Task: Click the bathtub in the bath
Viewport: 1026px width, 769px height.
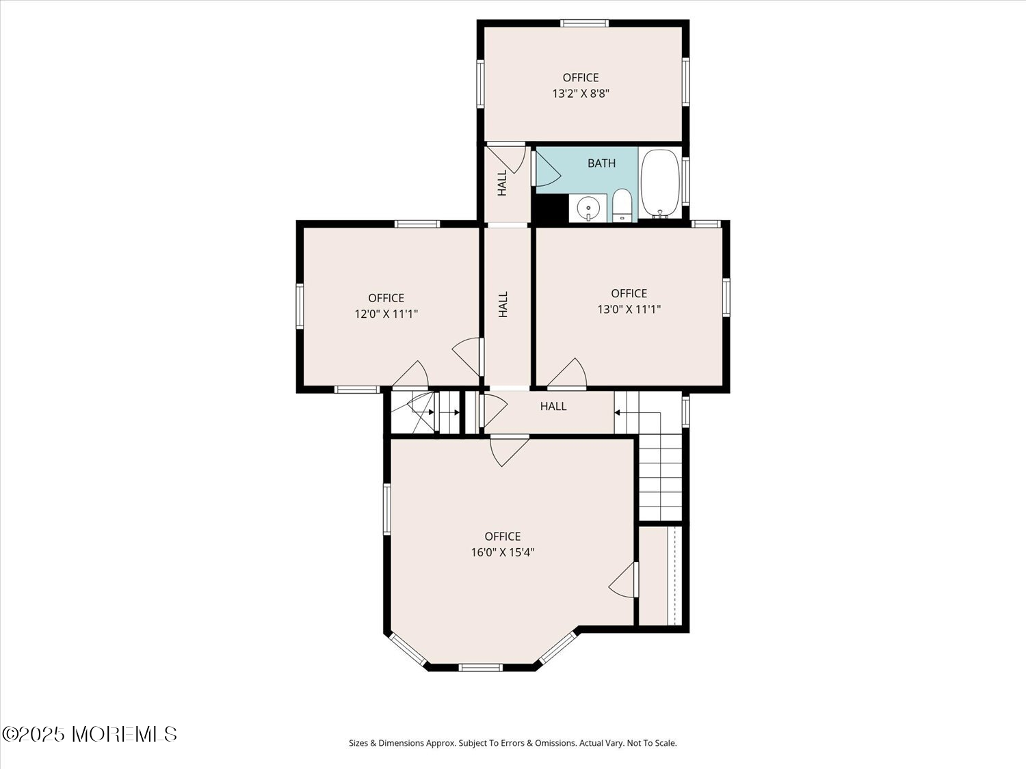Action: click(660, 183)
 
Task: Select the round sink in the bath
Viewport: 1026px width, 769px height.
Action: click(588, 208)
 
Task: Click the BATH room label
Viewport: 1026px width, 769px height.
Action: click(601, 163)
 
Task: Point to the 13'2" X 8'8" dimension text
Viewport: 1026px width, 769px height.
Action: click(581, 94)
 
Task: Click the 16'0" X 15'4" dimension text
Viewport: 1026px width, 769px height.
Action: click(503, 552)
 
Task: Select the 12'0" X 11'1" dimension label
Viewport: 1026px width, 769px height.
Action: click(386, 314)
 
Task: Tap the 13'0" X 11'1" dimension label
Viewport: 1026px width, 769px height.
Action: click(629, 309)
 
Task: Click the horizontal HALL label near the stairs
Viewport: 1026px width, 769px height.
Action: click(553, 406)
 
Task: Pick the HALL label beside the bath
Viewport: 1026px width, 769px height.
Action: click(502, 183)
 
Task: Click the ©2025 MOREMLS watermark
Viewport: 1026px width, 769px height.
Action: click(90, 734)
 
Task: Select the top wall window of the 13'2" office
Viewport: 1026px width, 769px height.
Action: click(584, 23)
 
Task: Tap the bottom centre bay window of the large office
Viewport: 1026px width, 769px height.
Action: click(481, 668)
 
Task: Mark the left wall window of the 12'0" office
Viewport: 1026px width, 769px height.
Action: click(300, 306)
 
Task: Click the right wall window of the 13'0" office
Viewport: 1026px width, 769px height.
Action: click(726, 297)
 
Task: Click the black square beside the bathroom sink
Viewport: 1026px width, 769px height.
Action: click(550, 208)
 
